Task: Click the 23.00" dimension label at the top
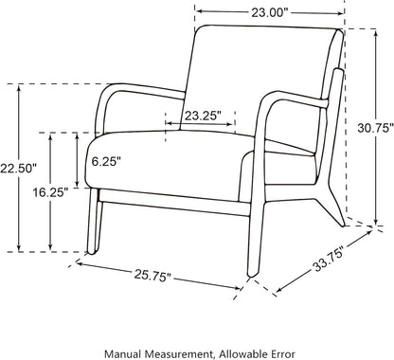coord(270,12)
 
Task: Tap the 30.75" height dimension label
coord(376,128)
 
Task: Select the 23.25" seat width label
coord(201,116)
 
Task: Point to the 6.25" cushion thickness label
coord(106,161)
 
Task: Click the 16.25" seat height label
coord(50,192)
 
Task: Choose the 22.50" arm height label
coord(18,169)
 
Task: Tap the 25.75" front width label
coord(152,276)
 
